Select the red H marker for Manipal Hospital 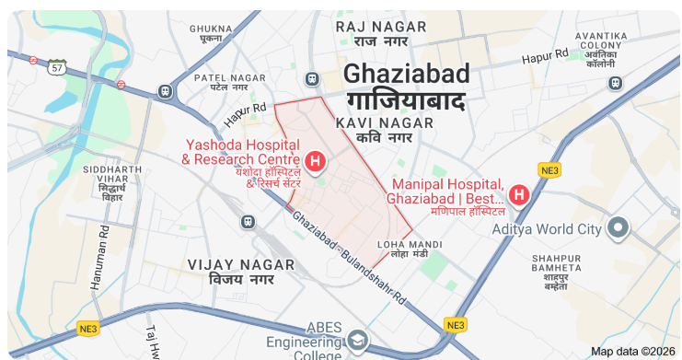coord(518,195)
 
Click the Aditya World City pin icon coord(618,226)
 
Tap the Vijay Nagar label coord(241,271)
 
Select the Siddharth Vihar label coord(112,183)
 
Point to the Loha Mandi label coord(403,248)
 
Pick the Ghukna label coord(210,33)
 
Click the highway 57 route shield coord(58,67)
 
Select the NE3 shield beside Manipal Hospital coord(549,170)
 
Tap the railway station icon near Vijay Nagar coord(247,221)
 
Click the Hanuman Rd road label coord(99,260)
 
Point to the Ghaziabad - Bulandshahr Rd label coord(349,257)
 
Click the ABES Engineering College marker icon coord(356,343)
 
